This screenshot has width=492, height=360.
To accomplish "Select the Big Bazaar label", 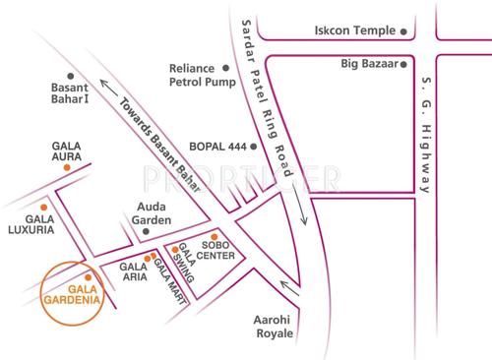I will (x=364, y=65).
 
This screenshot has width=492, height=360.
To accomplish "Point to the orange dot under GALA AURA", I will (x=66, y=169).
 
